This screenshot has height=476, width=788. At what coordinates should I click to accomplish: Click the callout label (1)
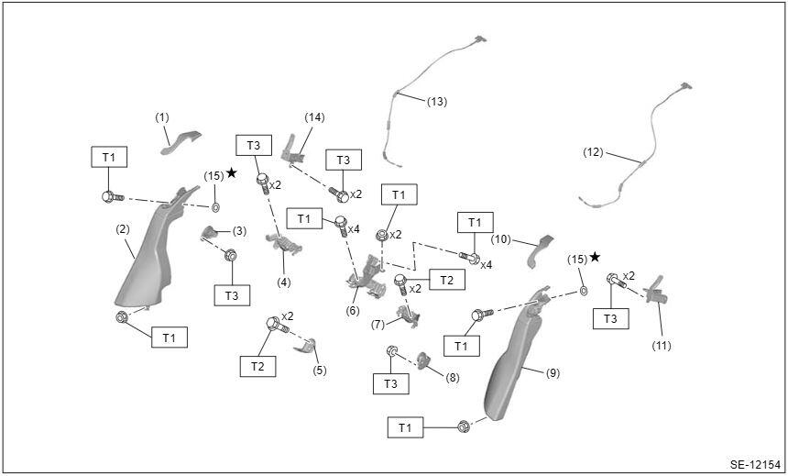162,117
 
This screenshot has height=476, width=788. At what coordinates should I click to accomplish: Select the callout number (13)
437,102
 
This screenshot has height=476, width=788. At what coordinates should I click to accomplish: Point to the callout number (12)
593,152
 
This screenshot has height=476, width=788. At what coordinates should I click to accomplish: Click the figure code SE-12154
756,464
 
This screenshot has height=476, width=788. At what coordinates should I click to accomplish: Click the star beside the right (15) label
595,257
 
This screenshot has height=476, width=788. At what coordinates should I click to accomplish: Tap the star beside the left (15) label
231,172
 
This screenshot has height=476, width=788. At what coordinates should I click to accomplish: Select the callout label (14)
314,117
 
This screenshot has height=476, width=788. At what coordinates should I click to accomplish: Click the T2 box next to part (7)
447,279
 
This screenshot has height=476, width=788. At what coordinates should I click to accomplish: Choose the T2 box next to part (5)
257,366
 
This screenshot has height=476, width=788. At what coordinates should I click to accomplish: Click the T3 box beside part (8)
390,384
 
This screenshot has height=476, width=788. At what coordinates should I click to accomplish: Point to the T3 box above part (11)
610,318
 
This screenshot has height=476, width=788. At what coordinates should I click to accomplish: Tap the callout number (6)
353,311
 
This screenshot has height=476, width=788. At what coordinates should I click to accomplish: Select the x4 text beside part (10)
486,264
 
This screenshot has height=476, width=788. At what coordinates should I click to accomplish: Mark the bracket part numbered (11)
656,292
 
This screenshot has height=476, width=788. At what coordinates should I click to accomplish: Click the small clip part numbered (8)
424,360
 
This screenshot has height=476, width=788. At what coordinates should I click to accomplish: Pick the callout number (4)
284,282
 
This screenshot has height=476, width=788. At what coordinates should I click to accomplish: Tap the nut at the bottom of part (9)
464,427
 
